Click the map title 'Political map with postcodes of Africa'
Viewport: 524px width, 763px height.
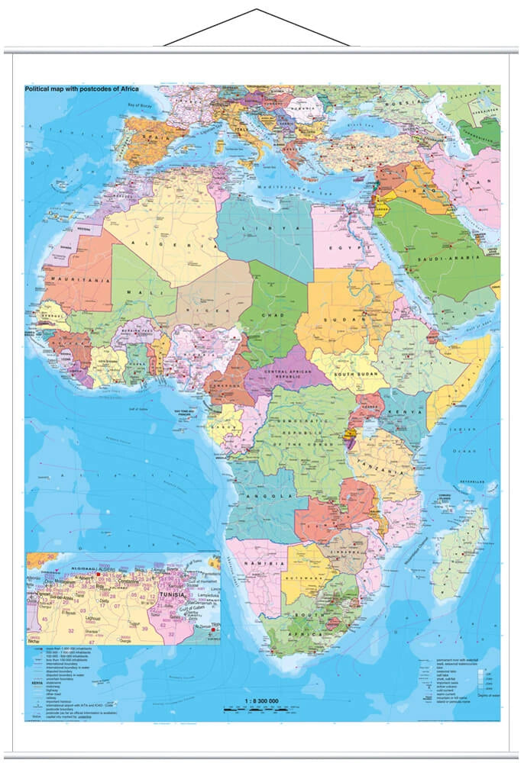point(92,89)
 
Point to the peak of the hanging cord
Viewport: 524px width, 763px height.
point(256,10)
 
